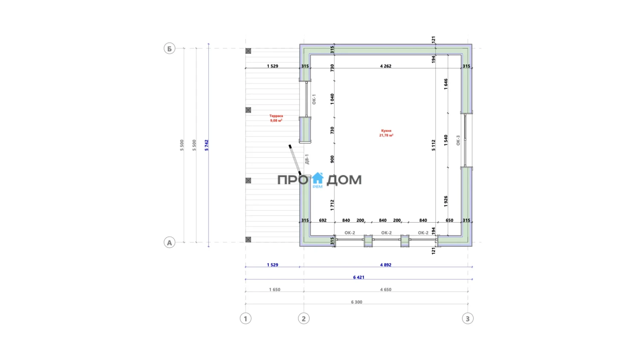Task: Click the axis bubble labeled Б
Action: click(x=169, y=48)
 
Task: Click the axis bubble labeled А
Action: click(x=169, y=242)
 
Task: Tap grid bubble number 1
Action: click(x=245, y=318)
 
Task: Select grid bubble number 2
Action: click(x=304, y=318)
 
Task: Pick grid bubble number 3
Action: click(x=468, y=318)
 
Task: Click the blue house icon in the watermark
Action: click(x=317, y=178)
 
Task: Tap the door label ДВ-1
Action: click(x=307, y=159)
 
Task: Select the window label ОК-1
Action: click(x=314, y=99)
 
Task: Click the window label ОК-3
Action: click(x=458, y=140)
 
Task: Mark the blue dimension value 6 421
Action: click(x=358, y=277)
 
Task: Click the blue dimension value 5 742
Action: click(x=207, y=145)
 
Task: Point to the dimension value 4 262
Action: click(x=386, y=66)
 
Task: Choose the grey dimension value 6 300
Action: click(x=357, y=302)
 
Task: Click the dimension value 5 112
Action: click(x=433, y=145)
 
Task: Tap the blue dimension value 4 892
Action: click(x=386, y=265)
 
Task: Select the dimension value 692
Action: click(x=323, y=220)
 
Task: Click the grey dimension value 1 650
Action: click(x=275, y=290)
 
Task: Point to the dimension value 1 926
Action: click(x=446, y=201)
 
